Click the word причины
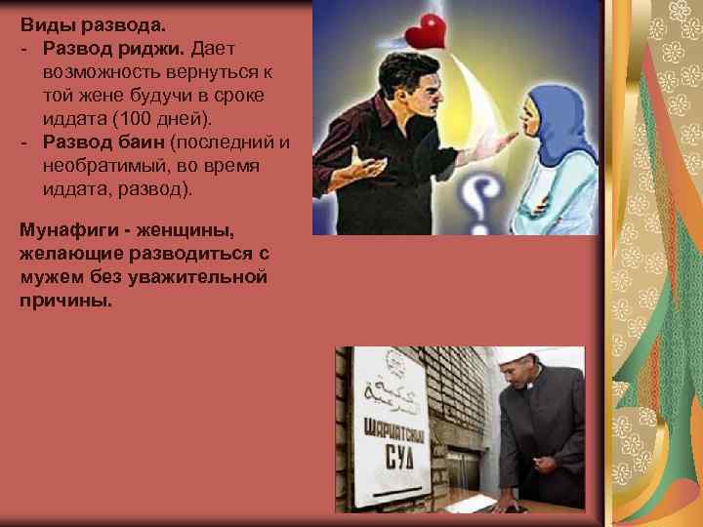coord(65,301)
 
